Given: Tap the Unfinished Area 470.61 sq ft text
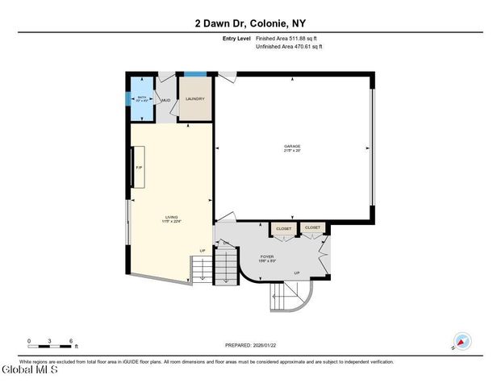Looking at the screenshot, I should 289,47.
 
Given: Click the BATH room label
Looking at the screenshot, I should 141,98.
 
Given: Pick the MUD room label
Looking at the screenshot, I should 165,101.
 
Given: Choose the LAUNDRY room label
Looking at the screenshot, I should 194,99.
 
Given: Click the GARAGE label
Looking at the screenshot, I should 291,146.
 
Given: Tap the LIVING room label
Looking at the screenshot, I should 172,217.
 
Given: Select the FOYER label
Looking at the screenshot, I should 268,256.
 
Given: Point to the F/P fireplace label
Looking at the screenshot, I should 138,167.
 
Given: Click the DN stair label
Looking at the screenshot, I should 226,243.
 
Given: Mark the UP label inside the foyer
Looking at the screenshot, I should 298,273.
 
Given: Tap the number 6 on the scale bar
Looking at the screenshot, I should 72,342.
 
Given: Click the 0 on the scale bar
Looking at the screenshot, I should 29,342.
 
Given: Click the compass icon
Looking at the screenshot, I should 462,341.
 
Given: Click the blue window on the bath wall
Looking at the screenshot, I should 127,99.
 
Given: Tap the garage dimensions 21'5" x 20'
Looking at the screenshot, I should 291,151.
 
